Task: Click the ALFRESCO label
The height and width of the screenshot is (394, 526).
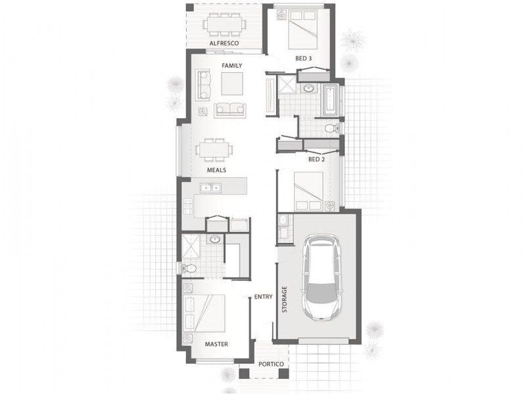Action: point(224,43)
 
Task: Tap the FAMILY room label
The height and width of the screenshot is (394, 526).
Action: point(232,66)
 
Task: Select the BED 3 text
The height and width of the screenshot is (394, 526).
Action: point(304,58)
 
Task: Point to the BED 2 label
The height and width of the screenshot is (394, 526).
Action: point(317,160)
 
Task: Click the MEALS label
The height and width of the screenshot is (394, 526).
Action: point(216,170)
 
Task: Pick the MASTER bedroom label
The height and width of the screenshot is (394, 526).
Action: point(216,344)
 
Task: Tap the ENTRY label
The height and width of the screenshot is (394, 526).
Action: point(264,297)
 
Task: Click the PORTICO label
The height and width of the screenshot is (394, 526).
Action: point(271,364)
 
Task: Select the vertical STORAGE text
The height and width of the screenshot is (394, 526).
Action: point(285,299)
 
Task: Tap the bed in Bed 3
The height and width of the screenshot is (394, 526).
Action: point(303,30)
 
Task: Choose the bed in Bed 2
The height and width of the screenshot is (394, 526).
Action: point(308,192)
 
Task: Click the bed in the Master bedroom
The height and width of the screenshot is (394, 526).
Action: point(205,314)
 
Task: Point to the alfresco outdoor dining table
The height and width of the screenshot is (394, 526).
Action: point(224,24)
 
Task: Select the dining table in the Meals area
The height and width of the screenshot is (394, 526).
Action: point(215,150)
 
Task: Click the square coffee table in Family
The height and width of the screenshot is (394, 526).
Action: point(232,84)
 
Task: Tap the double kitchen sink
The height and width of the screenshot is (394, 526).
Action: point(210,188)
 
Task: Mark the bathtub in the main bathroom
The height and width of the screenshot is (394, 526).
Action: point(331,100)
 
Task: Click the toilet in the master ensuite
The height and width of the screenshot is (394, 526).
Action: point(189,269)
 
